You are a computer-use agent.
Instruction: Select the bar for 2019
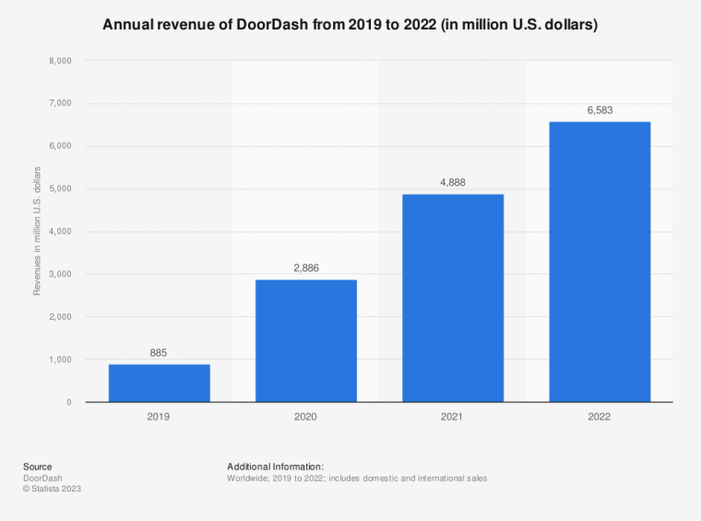click(x=159, y=383)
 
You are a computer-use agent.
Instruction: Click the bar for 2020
click(x=306, y=340)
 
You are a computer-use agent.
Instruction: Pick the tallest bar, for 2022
click(x=600, y=262)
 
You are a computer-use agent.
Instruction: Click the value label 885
click(x=159, y=351)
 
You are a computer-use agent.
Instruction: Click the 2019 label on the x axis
click(x=159, y=417)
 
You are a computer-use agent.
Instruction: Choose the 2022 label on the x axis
click(x=600, y=417)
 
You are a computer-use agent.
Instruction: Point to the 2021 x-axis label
click(x=453, y=417)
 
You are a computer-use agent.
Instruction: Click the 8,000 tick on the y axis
click(x=60, y=61)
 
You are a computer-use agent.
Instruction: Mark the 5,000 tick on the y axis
click(x=60, y=189)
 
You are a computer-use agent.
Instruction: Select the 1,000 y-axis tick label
click(x=60, y=360)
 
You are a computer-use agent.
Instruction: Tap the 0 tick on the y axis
click(x=69, y=402)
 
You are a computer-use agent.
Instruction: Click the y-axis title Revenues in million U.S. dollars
click(x=37, y=231)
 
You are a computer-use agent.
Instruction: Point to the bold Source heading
click(x=38, y=467)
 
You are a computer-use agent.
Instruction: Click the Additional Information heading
click(x=275, y=467)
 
